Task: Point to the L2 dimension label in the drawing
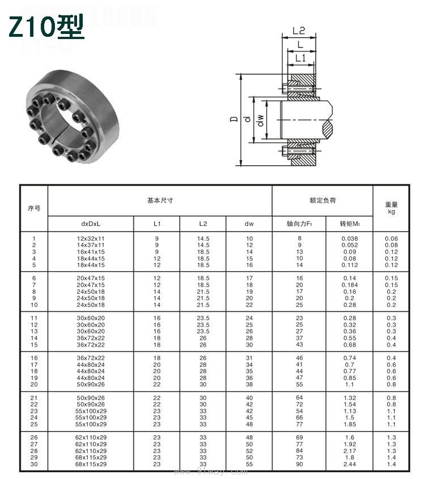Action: tap(299, 31)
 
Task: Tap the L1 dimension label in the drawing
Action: tap(300, 58)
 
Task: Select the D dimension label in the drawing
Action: tap(234, 119)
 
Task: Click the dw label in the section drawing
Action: tap(260, 121)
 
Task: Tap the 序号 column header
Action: tap(34, 208)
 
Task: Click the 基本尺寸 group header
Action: tap(160, 200)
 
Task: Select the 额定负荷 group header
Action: tap(322, 200)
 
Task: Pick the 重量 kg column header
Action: tap(391, 208)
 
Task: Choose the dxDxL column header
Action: tap(91, 224)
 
